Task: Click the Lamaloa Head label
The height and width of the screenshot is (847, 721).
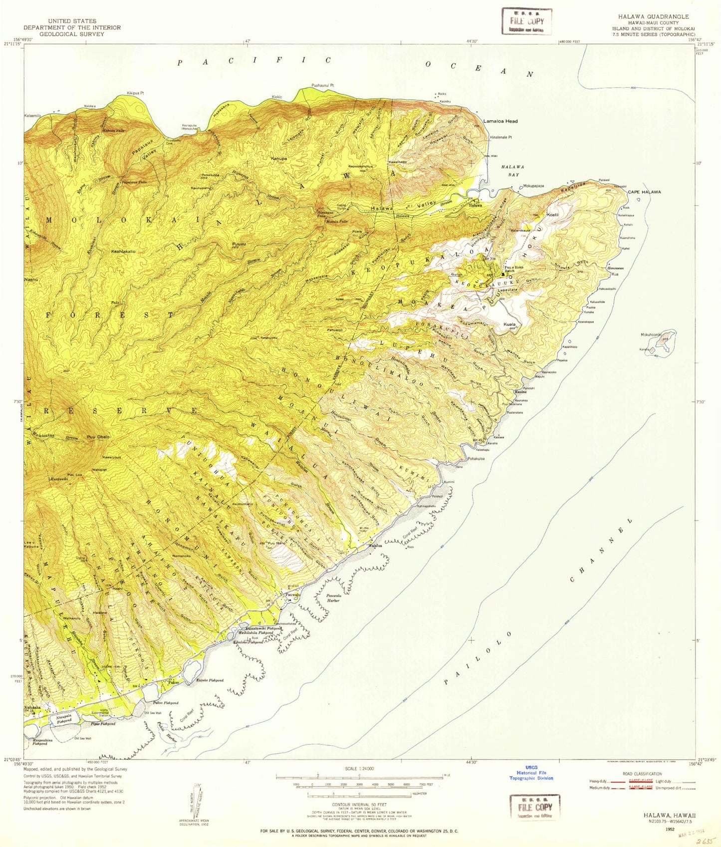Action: (500, 121)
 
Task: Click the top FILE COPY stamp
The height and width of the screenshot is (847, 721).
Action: (527, 21)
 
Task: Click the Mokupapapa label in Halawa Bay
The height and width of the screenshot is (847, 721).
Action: (533, 186)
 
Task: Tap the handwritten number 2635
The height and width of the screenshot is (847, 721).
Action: (704, 841)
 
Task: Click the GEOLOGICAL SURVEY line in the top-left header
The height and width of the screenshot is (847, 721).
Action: (72, 34)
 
